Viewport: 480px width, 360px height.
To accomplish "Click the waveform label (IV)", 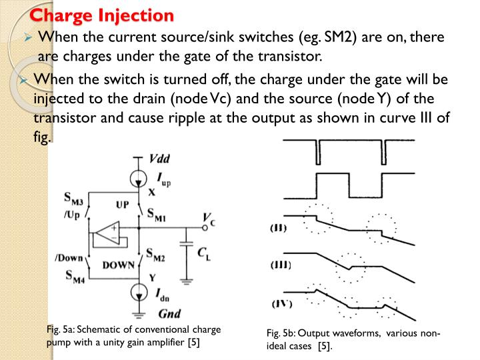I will [x=281, y=304].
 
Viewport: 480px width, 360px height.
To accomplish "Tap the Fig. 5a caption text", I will [x=133, y=336].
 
